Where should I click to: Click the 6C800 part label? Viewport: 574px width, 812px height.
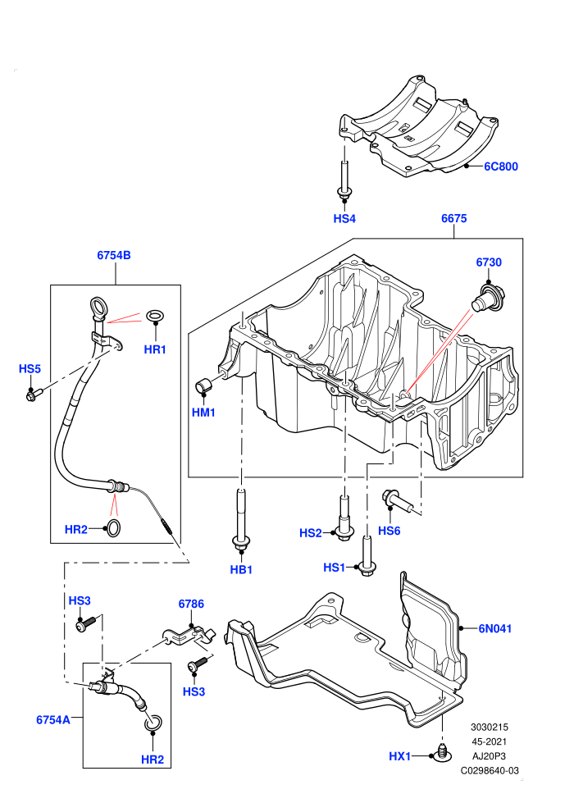pos(500,167)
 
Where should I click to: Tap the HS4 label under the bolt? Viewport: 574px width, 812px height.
pos(344,218)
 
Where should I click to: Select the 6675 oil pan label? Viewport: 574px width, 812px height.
pos(454,218)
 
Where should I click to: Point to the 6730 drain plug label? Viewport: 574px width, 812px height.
pos(489,262)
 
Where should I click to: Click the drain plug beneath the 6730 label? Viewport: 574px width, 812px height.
pos(485,297)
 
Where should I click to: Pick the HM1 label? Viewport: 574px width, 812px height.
pos(203,413)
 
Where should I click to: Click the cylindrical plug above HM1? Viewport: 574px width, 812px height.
pos(203,385)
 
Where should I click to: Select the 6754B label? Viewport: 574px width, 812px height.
pos(114,255)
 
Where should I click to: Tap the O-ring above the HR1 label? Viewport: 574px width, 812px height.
pos(155,316)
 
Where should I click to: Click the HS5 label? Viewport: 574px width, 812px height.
pos(30,369)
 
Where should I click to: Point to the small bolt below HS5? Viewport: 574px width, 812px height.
pos(33,395)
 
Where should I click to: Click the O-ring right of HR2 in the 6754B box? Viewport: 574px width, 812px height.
pos(113,528)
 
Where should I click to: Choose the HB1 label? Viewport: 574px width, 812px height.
pos(241,570)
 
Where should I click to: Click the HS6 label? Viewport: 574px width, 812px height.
pos(389,531)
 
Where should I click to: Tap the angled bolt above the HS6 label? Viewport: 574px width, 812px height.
pos(398,500)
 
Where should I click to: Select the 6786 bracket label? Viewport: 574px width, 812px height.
pos(191,604)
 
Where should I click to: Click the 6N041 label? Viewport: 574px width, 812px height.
pos(494,628)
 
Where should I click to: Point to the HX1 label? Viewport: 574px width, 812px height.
pos(399,756)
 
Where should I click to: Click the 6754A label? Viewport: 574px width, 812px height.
pos(53,720)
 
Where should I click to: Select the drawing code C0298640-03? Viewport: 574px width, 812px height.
pos(490,770)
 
